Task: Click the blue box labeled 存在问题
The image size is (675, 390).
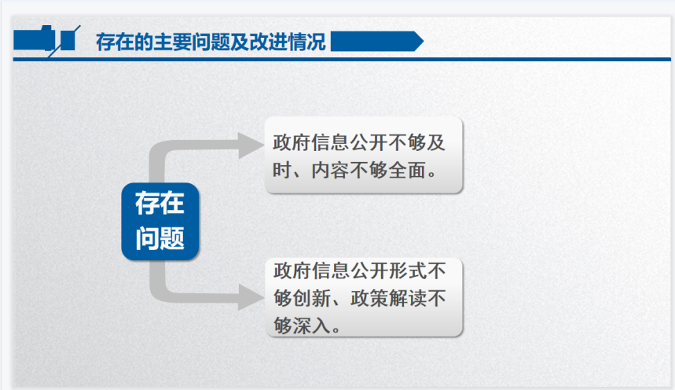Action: [160, 222]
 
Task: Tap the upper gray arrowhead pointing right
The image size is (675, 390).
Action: [251, 145]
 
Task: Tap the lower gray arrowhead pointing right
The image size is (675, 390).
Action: [251, 297]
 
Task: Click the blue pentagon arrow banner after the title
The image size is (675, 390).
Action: [377, 42]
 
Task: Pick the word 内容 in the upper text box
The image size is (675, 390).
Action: [330, 170]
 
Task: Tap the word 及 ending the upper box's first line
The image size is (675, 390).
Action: [436, 142]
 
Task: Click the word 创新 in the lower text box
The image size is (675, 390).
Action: [312, 298]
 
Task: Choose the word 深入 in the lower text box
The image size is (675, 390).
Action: [312, 326]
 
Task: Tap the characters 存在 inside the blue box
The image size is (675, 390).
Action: [160, 204]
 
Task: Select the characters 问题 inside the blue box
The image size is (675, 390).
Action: [160, 238]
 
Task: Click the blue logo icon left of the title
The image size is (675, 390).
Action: [47, 41]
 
